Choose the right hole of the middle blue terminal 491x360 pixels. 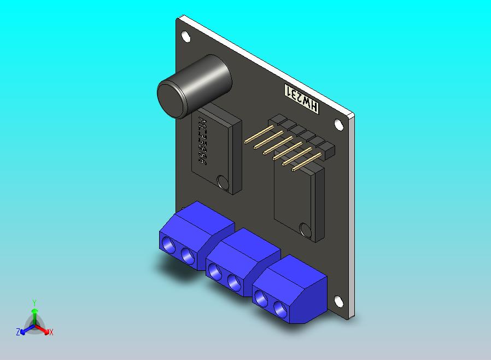[234, 282]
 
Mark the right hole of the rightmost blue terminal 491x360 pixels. [280, 307]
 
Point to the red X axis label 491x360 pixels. [51, 332]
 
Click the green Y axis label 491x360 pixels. [34, 302]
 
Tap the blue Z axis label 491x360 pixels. [18, 332]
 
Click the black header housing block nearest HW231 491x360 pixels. [278, 120]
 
